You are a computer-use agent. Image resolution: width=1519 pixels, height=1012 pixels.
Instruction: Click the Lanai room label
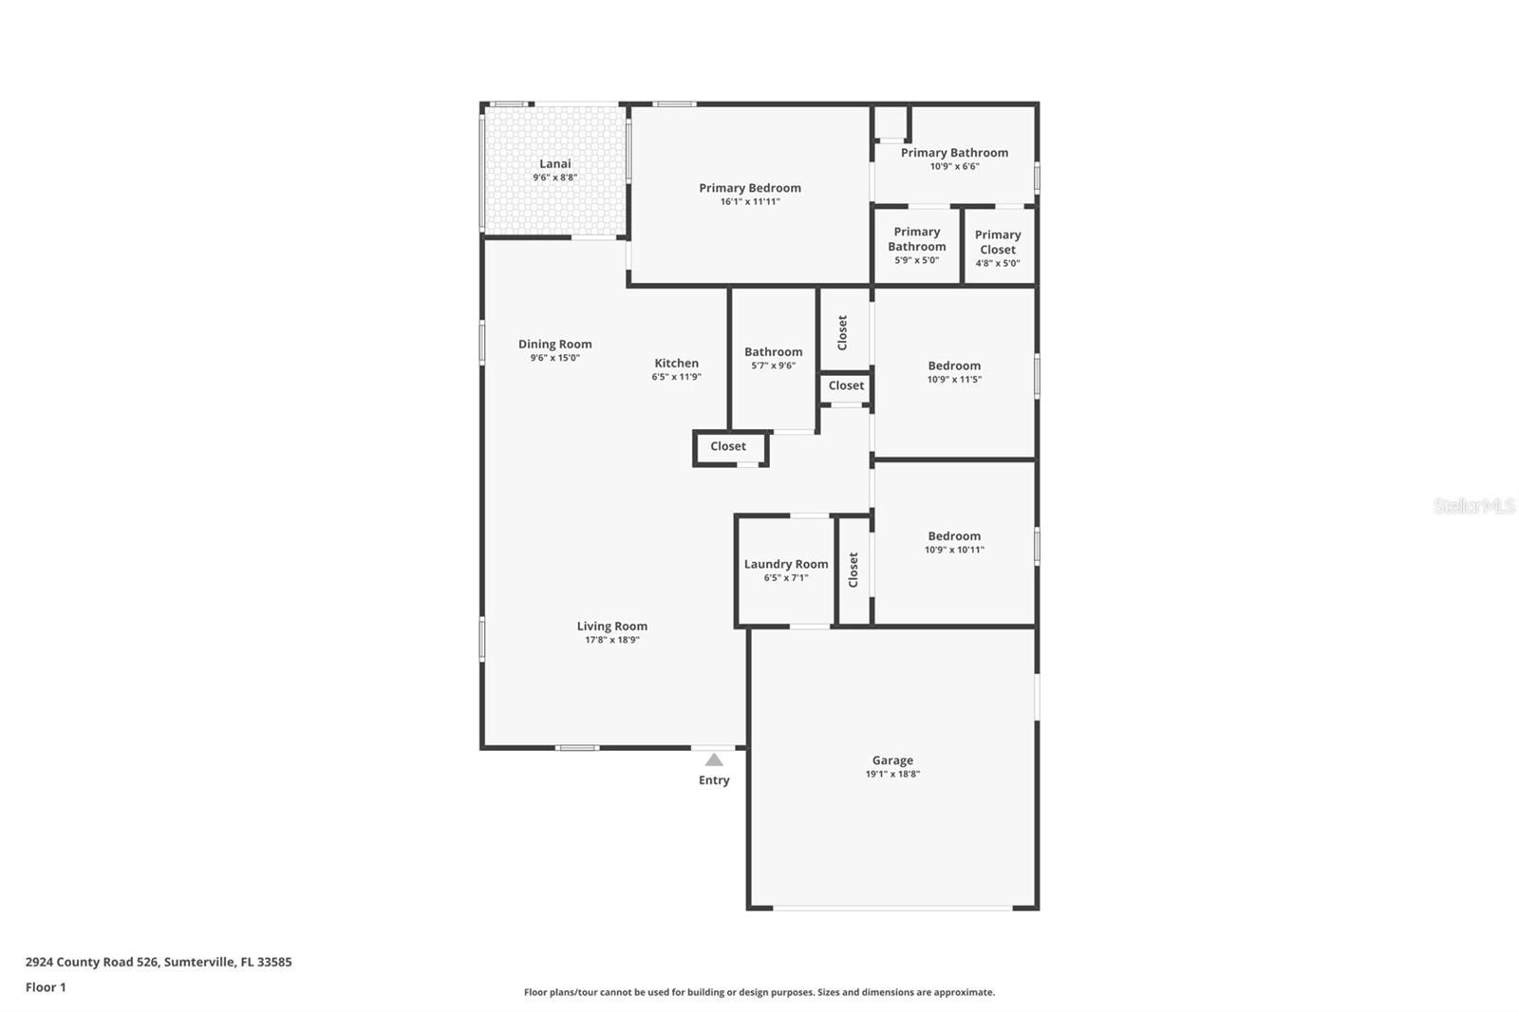(x=555, y=164)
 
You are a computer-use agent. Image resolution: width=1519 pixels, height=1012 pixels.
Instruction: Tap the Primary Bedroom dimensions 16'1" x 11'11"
(x=750, y=202)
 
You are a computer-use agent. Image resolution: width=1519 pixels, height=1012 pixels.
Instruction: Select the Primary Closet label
(x=998, y=242)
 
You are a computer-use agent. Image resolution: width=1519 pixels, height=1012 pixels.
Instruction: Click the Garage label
(x=892, y=760)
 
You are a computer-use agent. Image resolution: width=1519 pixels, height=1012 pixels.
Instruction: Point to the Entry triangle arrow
(x=714, y=760)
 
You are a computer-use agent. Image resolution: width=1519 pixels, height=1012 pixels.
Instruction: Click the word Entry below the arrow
(x=714, y=780)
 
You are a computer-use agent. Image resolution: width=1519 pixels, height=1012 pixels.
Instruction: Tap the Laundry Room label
(x=786, y=564)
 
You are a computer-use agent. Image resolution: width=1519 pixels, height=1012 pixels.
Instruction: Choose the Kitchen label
(x=676, y=363)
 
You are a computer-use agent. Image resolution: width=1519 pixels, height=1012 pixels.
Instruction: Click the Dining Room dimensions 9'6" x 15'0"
(x=555, y=359)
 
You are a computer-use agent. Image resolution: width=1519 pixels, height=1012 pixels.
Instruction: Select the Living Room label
(x=612, y=626)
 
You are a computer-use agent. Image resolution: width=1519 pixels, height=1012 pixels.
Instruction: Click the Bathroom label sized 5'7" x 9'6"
(x=773, y=351)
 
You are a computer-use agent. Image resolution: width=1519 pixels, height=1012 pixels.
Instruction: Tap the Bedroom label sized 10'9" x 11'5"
(x=954, y=365)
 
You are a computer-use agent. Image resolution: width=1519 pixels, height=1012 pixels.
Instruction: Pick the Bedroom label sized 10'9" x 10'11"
(x=954, y=535)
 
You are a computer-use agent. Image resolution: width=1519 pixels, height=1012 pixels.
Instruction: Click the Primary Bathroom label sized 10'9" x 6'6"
(x=954, y=152)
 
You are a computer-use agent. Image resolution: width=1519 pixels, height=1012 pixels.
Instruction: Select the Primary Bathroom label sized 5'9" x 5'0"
(x=917, y=239)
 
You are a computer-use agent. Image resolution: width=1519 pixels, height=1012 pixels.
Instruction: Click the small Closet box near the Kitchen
(x=728, y=446)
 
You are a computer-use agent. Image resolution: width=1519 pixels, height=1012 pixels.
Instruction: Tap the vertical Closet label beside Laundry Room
(x=853, y=570)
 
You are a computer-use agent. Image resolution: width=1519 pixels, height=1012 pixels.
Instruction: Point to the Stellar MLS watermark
(x=1473, y=506)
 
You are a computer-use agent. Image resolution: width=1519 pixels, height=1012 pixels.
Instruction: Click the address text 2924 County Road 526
(x=92, y=962)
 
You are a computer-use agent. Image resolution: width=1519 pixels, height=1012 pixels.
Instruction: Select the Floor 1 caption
(x=46, y=987)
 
